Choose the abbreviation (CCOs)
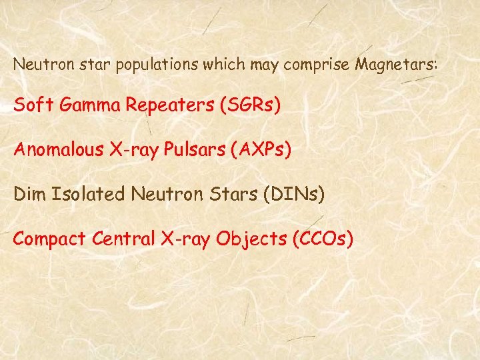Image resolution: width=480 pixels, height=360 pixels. tap(323, 238)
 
